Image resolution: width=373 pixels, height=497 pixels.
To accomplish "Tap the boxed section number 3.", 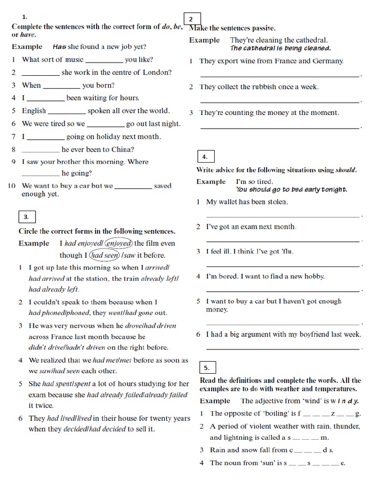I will (26, 217).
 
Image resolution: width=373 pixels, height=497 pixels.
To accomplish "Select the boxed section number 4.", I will (205, 157).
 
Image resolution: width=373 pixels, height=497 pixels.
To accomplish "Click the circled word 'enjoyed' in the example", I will (119, 243).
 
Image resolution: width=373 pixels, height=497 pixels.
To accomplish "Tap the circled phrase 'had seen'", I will (104, 255).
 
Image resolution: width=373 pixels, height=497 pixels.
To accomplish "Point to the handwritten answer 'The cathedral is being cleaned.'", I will (281, 48).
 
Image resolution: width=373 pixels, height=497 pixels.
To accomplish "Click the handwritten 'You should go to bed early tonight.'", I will (291, 189).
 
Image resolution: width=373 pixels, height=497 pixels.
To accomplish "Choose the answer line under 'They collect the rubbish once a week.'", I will (280, 101).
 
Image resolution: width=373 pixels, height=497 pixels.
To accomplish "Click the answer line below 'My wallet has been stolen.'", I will (283, 216).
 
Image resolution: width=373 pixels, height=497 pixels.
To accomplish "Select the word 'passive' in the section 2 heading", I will (263, 28).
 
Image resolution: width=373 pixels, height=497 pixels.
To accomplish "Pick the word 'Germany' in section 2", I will (328, 61).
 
